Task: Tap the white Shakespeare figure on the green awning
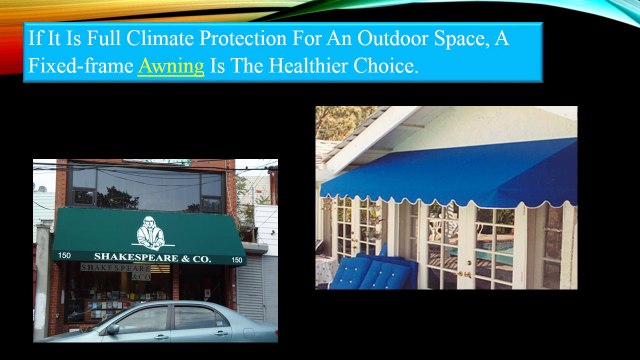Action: pos(148,233)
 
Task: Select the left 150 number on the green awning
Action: pos(64,257)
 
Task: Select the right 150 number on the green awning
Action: pos(237,260)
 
